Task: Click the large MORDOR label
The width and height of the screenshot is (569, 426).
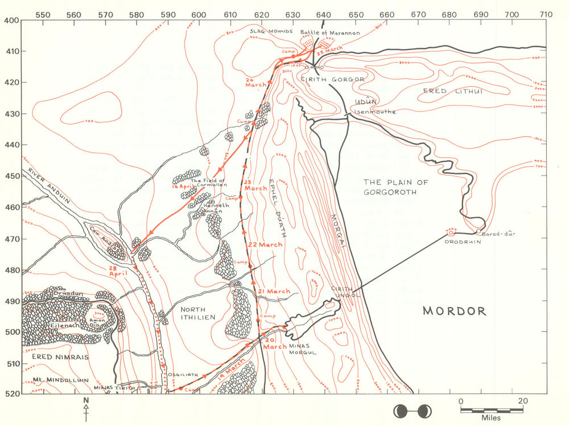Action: click(x=454, y=311)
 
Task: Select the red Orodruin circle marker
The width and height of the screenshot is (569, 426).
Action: click(x=451, y=232)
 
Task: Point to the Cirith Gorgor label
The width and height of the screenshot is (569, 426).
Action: click(x=332, y=79)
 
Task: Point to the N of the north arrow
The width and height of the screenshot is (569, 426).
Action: click(x=86, y=400)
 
